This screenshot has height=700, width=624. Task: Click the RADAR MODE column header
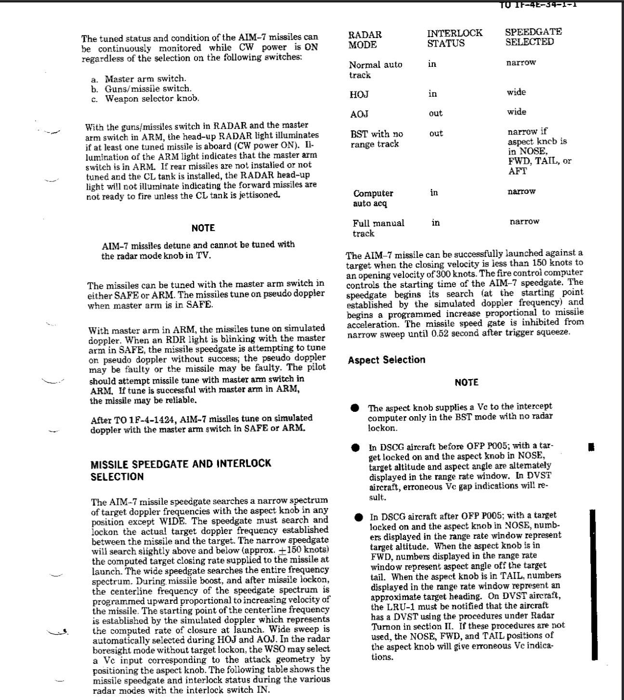[365, 40]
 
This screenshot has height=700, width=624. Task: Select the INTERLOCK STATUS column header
[454, 38]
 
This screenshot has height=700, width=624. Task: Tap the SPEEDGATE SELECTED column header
[533, 37]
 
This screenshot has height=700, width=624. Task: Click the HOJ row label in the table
[359, 94]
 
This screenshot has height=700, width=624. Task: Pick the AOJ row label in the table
[359, 115]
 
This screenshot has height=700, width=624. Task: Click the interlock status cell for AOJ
[435, 114]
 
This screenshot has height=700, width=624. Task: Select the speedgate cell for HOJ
[516, 92]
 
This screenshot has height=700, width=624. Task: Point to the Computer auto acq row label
[373, 198]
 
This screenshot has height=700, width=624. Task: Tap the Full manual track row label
[378, 228]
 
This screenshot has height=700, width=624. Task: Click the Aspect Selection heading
[387, 360]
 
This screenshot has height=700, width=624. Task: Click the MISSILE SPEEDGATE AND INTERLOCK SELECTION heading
[181, 470]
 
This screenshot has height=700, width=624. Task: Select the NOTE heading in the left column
[203, 228]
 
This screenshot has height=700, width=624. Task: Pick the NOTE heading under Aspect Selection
[466, 382]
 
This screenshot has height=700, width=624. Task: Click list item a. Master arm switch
[139, 78]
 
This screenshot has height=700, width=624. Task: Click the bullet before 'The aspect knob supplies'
[355, 408]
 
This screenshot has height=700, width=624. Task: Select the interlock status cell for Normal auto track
[432, 64]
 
